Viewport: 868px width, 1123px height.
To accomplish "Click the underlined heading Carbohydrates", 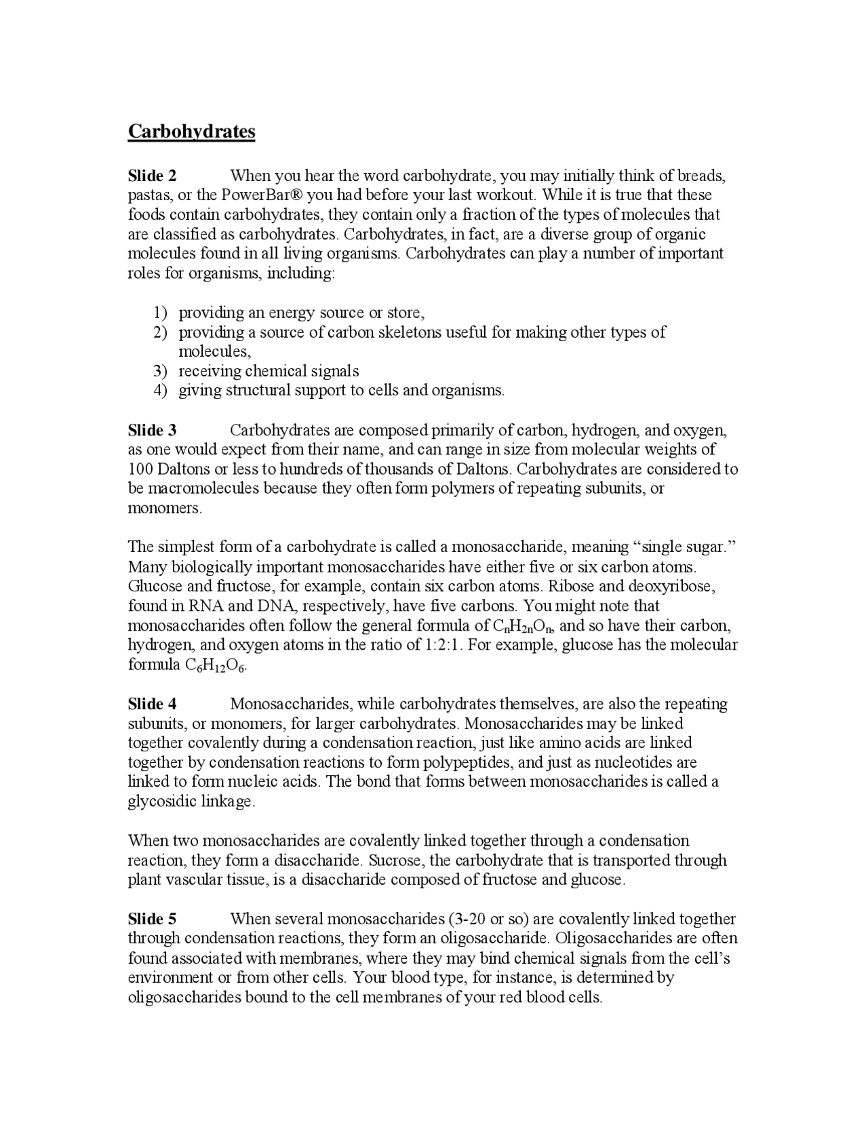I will pos(191,131).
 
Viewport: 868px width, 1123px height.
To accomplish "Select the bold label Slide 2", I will pos(152,176).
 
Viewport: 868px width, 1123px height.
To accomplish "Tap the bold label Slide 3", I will pos(152,430).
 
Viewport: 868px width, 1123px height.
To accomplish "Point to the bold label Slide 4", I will pos(152,704).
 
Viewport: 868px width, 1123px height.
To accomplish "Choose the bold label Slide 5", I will pos(152,919).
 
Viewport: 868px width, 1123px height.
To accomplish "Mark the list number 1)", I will pos(160,313).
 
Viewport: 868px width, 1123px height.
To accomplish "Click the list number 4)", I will pos(160,391).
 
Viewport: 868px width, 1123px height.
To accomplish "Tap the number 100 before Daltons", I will pos(140,469).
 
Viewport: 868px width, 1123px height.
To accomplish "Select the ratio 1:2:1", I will pos(444,644).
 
